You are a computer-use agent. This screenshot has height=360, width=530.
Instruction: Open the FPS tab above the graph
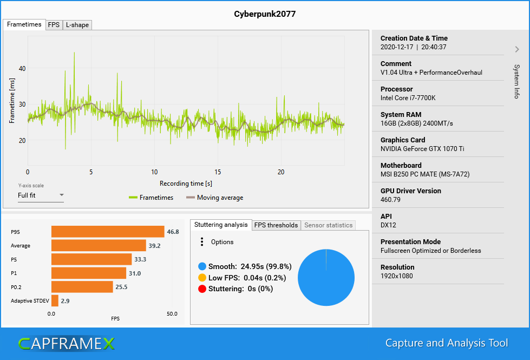pos(54,25)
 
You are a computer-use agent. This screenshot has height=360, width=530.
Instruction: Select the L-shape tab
pos(77,25)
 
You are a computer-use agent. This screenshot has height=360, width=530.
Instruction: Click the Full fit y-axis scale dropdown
pos(41,195)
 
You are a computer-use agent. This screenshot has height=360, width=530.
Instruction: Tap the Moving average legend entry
pos(214,198)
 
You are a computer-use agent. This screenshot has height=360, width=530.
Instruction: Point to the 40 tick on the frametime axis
pos(22,69)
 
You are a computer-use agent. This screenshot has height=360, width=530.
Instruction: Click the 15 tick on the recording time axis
pos(218,172)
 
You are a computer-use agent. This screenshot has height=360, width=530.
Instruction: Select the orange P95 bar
pos(108,232)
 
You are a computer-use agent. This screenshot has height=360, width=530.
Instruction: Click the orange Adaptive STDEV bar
pos(55,300)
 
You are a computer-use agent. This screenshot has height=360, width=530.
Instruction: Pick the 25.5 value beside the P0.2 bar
pos(122,287)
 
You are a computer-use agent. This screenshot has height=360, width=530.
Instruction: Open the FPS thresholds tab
pos(276,225)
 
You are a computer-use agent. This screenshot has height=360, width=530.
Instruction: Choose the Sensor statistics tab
pos(328,225)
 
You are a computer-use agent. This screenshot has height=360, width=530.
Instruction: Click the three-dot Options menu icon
pos(202,242)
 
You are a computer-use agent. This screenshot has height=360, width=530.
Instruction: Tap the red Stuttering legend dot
pos(202,289)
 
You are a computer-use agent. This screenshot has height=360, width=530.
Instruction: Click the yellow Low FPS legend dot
pos(202,278)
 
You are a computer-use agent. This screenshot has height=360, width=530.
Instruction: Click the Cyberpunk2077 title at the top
pos(265,14)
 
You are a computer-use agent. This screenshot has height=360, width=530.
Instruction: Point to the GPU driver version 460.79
pos(391,199)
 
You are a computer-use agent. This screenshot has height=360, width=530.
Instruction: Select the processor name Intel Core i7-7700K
pos(408,98)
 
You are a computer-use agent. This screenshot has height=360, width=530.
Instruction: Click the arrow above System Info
pos(517,49)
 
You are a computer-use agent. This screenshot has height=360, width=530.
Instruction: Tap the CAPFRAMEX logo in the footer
pos(66,343)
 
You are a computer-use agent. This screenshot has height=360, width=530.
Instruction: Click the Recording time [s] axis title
pos(186,184)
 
